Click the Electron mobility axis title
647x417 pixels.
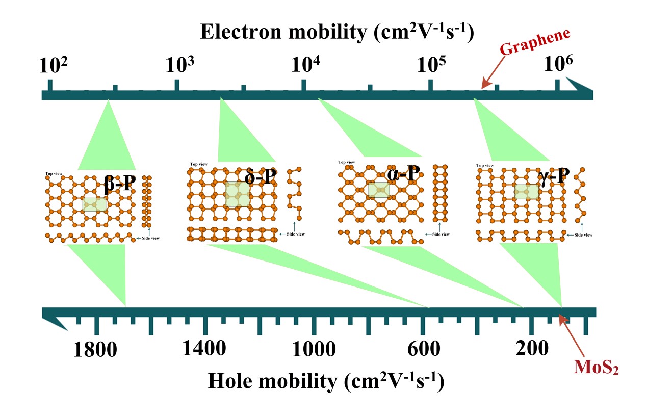coord(337,32)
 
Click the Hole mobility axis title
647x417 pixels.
coord(325,380)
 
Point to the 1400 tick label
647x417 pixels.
coord(204,349)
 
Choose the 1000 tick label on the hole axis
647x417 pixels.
coord(314,349)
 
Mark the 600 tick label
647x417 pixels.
coord(424,349)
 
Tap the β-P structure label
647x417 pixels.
coord(120,185)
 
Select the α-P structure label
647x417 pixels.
coord(403,175)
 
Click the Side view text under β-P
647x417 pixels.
coord(151,238)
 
